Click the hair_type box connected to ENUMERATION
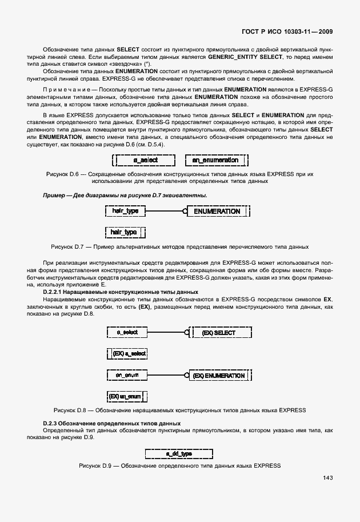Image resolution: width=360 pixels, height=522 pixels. [126, 211]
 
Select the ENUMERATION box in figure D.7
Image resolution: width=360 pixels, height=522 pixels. [217, 211]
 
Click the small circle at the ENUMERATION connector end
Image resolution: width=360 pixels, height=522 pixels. [185, 211]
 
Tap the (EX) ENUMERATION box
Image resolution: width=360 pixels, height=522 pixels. [219, 376]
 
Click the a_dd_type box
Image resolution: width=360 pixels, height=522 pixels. [179, 453]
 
